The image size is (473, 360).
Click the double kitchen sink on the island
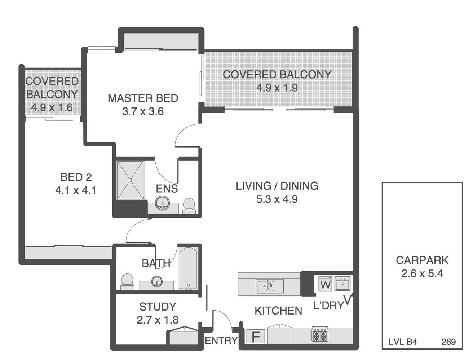270,286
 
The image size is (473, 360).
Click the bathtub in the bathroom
188,268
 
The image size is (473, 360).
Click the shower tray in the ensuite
130,180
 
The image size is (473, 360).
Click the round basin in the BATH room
157,282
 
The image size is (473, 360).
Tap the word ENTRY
221,341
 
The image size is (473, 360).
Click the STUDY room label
158,307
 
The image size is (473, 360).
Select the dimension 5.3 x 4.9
277,199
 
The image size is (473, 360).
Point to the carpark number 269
448,342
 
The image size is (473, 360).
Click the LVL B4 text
403,342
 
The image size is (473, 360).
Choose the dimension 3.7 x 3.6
143,111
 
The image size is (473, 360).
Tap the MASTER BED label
143,98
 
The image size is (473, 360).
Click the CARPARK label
422,260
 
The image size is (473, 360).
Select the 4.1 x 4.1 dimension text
76,190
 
